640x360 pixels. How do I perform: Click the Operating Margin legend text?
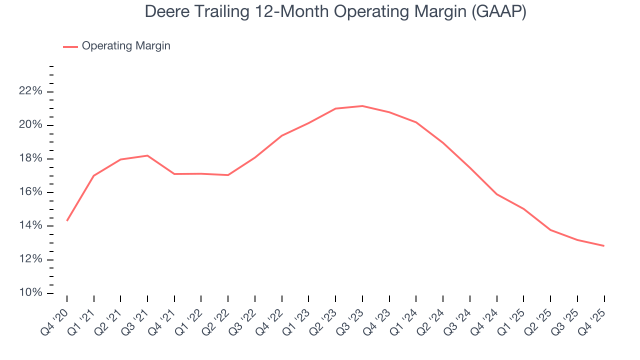(126, 46)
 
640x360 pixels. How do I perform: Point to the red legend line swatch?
(70, 46)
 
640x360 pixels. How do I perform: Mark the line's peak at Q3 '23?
(362, 106)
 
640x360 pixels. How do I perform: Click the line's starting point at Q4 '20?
(67, 220)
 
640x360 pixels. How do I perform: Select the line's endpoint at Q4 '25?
(604, 245)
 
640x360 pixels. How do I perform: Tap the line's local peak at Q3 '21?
(147, 155)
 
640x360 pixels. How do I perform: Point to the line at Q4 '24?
(497, 194)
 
